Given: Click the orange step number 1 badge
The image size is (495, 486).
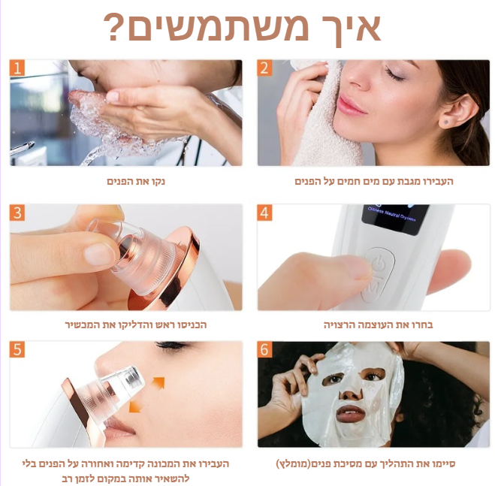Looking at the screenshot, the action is [x=17, y=68].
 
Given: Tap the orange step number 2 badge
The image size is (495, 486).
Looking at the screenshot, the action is [x=264, y=68].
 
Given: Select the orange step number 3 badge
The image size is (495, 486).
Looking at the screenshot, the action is [x=17, y=213].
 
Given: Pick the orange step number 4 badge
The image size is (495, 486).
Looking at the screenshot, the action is [x=264, y=213].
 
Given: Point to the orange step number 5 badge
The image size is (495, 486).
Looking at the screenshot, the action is [x=17, y=349].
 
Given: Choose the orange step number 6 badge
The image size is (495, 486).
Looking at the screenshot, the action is [x=264, y=349].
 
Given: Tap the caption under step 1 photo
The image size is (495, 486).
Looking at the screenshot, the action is [x=136, y=181].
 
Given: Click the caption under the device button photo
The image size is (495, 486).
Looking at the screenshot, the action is [x=378, y=325].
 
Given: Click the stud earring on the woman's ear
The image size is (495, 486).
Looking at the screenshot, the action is [x=445, y=122].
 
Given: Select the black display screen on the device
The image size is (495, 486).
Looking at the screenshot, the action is [x=394, y=219].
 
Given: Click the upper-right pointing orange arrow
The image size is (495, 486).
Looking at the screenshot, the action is [x=158, y=383].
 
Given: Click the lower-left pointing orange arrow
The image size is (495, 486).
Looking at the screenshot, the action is [x=135, y=406].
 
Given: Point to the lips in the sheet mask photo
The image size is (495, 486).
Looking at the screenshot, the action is [x=351, y=414].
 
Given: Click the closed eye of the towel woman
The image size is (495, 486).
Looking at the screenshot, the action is [x=394, y=75].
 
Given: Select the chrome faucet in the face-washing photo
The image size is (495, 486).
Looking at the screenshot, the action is [x=22, y=148].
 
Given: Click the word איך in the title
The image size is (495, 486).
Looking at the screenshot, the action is [x=349, y=28].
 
